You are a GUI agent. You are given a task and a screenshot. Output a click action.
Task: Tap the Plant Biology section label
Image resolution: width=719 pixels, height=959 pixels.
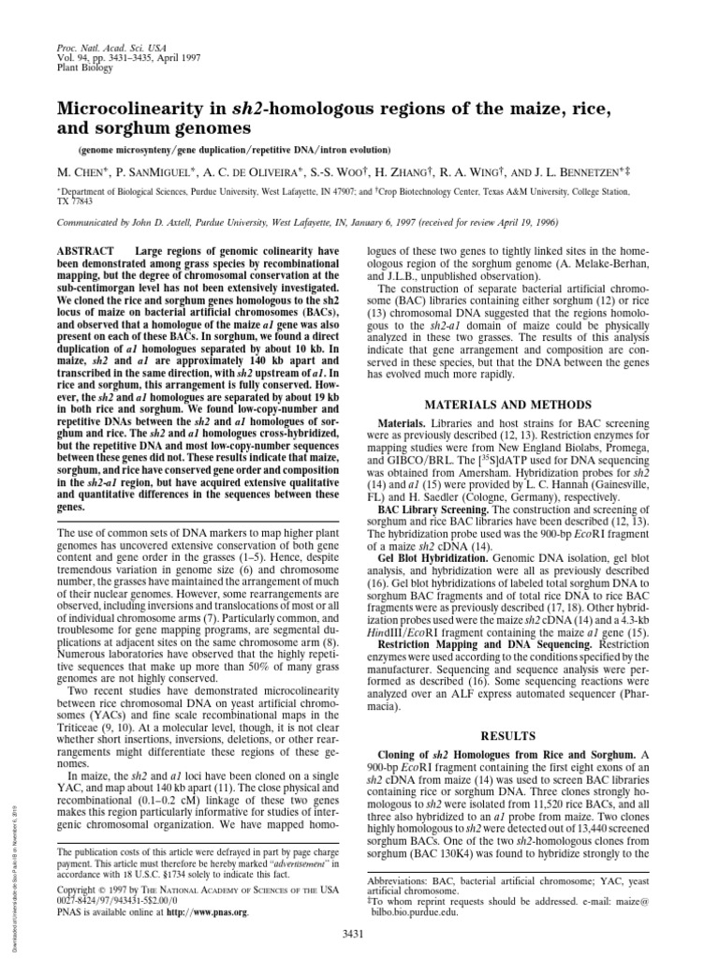[84, 66]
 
